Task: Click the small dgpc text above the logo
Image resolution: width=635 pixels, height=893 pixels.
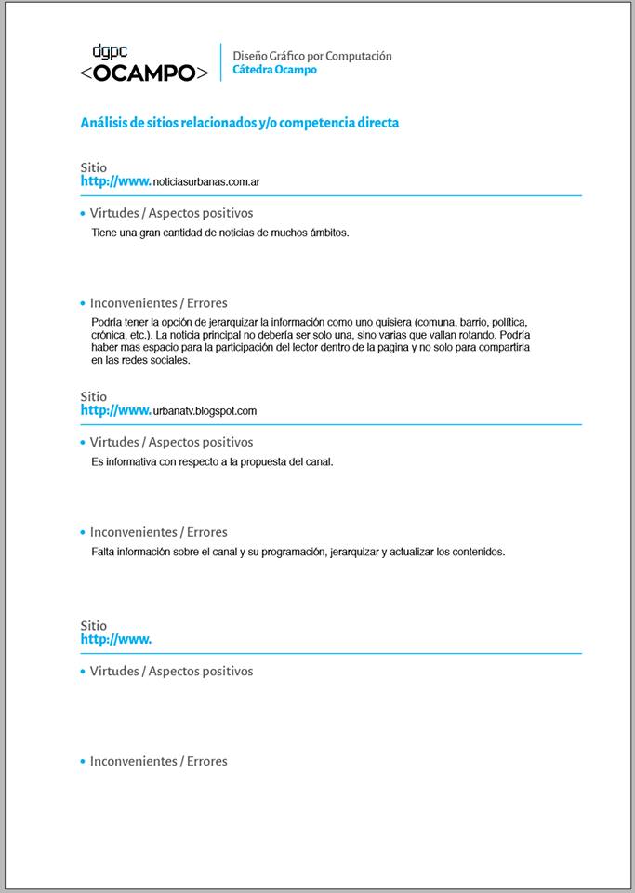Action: [x=110, y=52]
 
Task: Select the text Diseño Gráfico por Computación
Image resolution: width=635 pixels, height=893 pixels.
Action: [x=311, y=56]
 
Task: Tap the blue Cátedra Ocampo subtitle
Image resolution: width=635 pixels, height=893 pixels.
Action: [x=274, y=70]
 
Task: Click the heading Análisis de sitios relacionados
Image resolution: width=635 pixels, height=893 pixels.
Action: [x=239, y=123]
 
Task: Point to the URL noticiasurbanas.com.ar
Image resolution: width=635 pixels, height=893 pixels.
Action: [x=205, y=182]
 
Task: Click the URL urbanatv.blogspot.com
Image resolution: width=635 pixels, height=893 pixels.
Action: [x=205, y=411]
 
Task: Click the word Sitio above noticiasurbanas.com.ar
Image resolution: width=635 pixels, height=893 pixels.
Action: [x=93, y=167]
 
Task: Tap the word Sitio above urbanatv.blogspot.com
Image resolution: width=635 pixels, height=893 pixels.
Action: [x=93, y=396]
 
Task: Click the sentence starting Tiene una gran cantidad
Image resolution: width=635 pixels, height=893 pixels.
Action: [x=219, y=233]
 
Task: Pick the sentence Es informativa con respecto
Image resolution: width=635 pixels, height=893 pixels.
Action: [x=212, y=461]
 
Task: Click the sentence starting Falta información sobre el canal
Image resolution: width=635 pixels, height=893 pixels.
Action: [x=298, y=552]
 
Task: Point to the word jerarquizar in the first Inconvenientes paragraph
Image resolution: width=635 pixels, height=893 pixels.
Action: [x=228, y=322]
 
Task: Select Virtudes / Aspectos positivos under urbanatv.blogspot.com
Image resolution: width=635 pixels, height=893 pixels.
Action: [x=171, y=442]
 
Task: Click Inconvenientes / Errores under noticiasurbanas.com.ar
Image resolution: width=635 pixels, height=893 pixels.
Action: [x=158, y=303]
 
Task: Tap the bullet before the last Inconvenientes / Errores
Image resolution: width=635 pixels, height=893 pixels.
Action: [x=83, y=762]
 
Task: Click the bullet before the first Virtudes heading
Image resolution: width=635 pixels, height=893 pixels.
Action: [x=83, y=214]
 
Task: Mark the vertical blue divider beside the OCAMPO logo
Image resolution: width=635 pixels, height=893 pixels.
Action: [x=221, y=62]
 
